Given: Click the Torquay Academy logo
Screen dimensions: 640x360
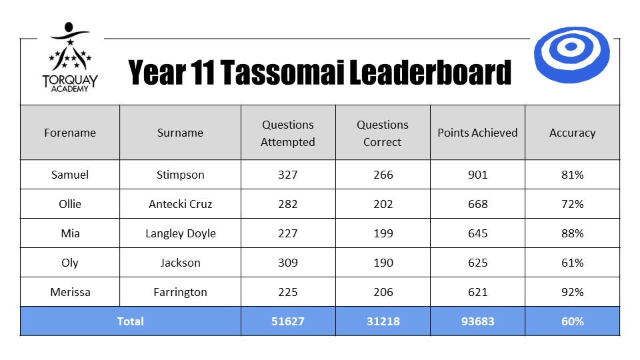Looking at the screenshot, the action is click(x=70, y=57).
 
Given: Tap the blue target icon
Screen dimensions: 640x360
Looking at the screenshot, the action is click(x=571, y=55).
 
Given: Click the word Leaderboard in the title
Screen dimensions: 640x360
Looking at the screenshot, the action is click(x=430, y=72).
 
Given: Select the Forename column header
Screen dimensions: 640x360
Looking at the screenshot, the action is click(x=70, y=133).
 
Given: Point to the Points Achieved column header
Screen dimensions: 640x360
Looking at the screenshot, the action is click(x=477, y=133).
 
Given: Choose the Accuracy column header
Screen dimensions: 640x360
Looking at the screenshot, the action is click(x=572, y=133).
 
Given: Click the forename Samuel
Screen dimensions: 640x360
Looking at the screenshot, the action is click(x=70, y=175).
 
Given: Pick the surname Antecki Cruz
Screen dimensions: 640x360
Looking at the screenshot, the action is click(x=181, y=204).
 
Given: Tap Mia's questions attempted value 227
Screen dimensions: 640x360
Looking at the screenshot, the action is click(x=288, y=233).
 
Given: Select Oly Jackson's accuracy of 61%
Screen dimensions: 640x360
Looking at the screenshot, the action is click(x=572, y=263).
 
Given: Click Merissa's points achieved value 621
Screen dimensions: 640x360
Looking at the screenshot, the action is click(x=477, y=292).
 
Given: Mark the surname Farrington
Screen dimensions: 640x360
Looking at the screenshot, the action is click(x=181, y=293).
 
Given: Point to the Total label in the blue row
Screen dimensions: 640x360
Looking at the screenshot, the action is click(x=130, y=321).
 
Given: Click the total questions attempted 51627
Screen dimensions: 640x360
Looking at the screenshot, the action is click(x=288, y=321).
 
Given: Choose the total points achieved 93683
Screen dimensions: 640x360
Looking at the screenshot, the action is click(x=477, y=321).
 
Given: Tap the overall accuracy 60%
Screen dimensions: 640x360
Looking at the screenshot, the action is click(x=572, y=321).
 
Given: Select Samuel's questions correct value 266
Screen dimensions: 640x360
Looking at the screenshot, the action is click(x=383, y=175).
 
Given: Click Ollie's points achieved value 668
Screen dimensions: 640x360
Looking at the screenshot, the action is click(x=477, y=204).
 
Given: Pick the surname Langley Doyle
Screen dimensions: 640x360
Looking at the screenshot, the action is click(x=181, y=234).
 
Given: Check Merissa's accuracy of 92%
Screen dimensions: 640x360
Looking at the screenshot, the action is click(x=572, y=292).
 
